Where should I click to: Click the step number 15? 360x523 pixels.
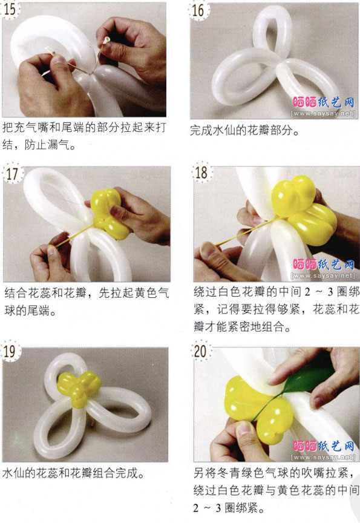10,9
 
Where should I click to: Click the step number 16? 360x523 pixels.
198,10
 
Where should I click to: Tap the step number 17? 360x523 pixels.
12,174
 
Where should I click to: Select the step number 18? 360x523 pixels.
201,173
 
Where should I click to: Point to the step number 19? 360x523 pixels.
10,351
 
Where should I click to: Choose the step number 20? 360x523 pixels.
200,351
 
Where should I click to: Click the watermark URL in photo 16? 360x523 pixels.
323,114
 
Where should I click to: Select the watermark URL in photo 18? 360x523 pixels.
323,276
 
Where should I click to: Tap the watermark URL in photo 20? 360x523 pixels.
323,457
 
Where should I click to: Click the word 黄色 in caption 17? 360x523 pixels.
146,293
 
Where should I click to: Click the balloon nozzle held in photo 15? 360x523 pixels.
106,41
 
